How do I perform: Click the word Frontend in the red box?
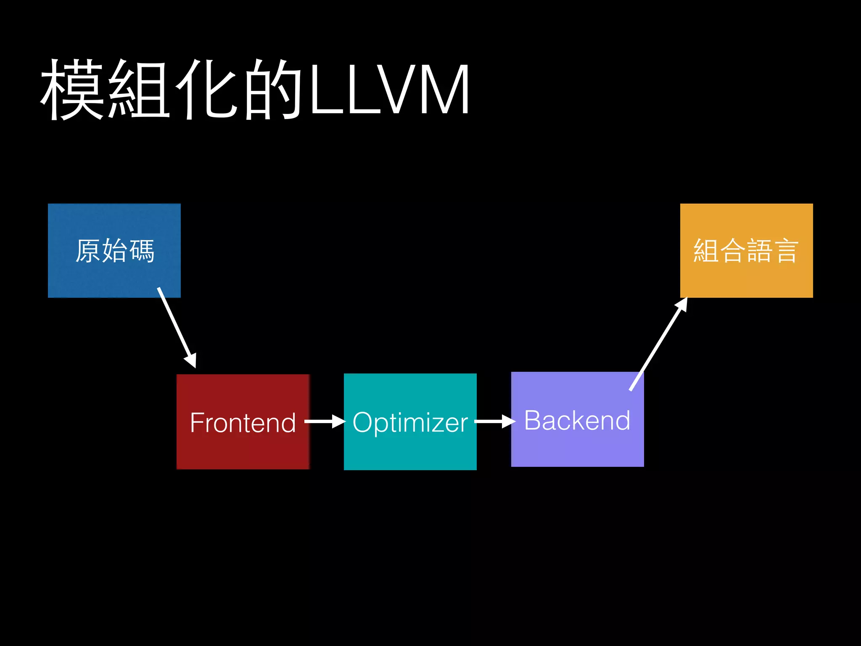point(243,422)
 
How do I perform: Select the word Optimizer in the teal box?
point(410,422)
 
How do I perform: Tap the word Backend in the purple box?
point(577,420)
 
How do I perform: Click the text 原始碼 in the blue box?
point(114,251)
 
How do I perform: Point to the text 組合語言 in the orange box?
point(746,251)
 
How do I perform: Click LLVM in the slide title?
point(388,89)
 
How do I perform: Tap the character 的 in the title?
point(273,89)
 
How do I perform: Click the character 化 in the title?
point(206,89)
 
